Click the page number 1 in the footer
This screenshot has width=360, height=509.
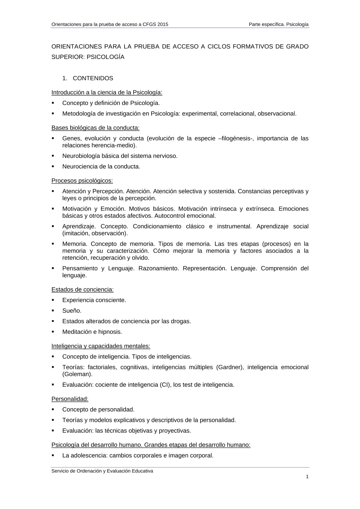pyautogui.click(x=307, y=477)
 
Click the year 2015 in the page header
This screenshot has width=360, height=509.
pyautogui.click(x=162, y=24)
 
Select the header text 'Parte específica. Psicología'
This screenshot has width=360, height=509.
pyautogui.click(x=279, y=24)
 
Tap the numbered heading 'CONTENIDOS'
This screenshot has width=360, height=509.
pyautogui.click(x=93, y=78)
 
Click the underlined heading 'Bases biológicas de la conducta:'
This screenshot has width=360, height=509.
pyautogui.click(x=95, y=128)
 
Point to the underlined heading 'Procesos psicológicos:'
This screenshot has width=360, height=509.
pyautogui.click(x=82, y=181)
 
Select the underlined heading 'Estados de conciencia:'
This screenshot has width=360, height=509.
pyautogui.click(x=82, y=290)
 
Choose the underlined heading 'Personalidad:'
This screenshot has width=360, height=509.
pyautogui.click(x=70, y=399)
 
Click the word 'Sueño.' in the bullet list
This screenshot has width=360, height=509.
pyautogui.click(x=72, y=311)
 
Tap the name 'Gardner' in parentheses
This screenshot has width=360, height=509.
pyautogui.click(x=230, y=367)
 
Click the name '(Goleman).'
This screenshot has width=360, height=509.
pyautogui.click(x=77, y=374)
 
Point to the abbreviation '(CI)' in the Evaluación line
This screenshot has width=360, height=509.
pyautogui.click(x=164, y=385)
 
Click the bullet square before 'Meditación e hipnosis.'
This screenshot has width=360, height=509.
pyautogui.click(x=53, y=332)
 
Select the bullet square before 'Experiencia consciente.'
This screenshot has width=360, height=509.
pyautogui.click(x=53, y=300)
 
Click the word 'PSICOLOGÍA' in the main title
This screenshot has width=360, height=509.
pyautogui.click(x=105, y=57)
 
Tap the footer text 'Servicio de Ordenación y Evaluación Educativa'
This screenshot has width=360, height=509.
pyautogui.click(x=102, y=471)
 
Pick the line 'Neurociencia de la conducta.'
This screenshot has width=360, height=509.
pyautogui.click(x=101, y=167)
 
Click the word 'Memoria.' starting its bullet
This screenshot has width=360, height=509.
pyautogui.click(x=74, y=244)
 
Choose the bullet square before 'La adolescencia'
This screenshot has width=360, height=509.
pyautogui.click(x=53, y=455)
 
